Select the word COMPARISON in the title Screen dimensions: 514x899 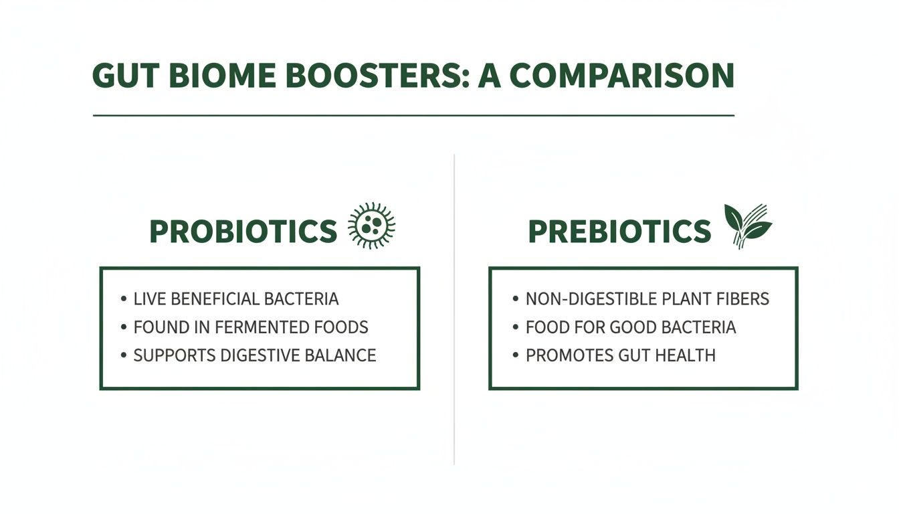point(621,76)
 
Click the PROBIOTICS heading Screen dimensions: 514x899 point(243,232)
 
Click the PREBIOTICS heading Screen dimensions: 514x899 point(619,232)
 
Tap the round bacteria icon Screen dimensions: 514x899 point(372,226)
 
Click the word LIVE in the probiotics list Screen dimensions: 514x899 point(149,298)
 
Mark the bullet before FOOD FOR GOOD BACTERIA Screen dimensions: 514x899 point(515,327)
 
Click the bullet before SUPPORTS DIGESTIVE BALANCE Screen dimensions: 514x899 point(124,355)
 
